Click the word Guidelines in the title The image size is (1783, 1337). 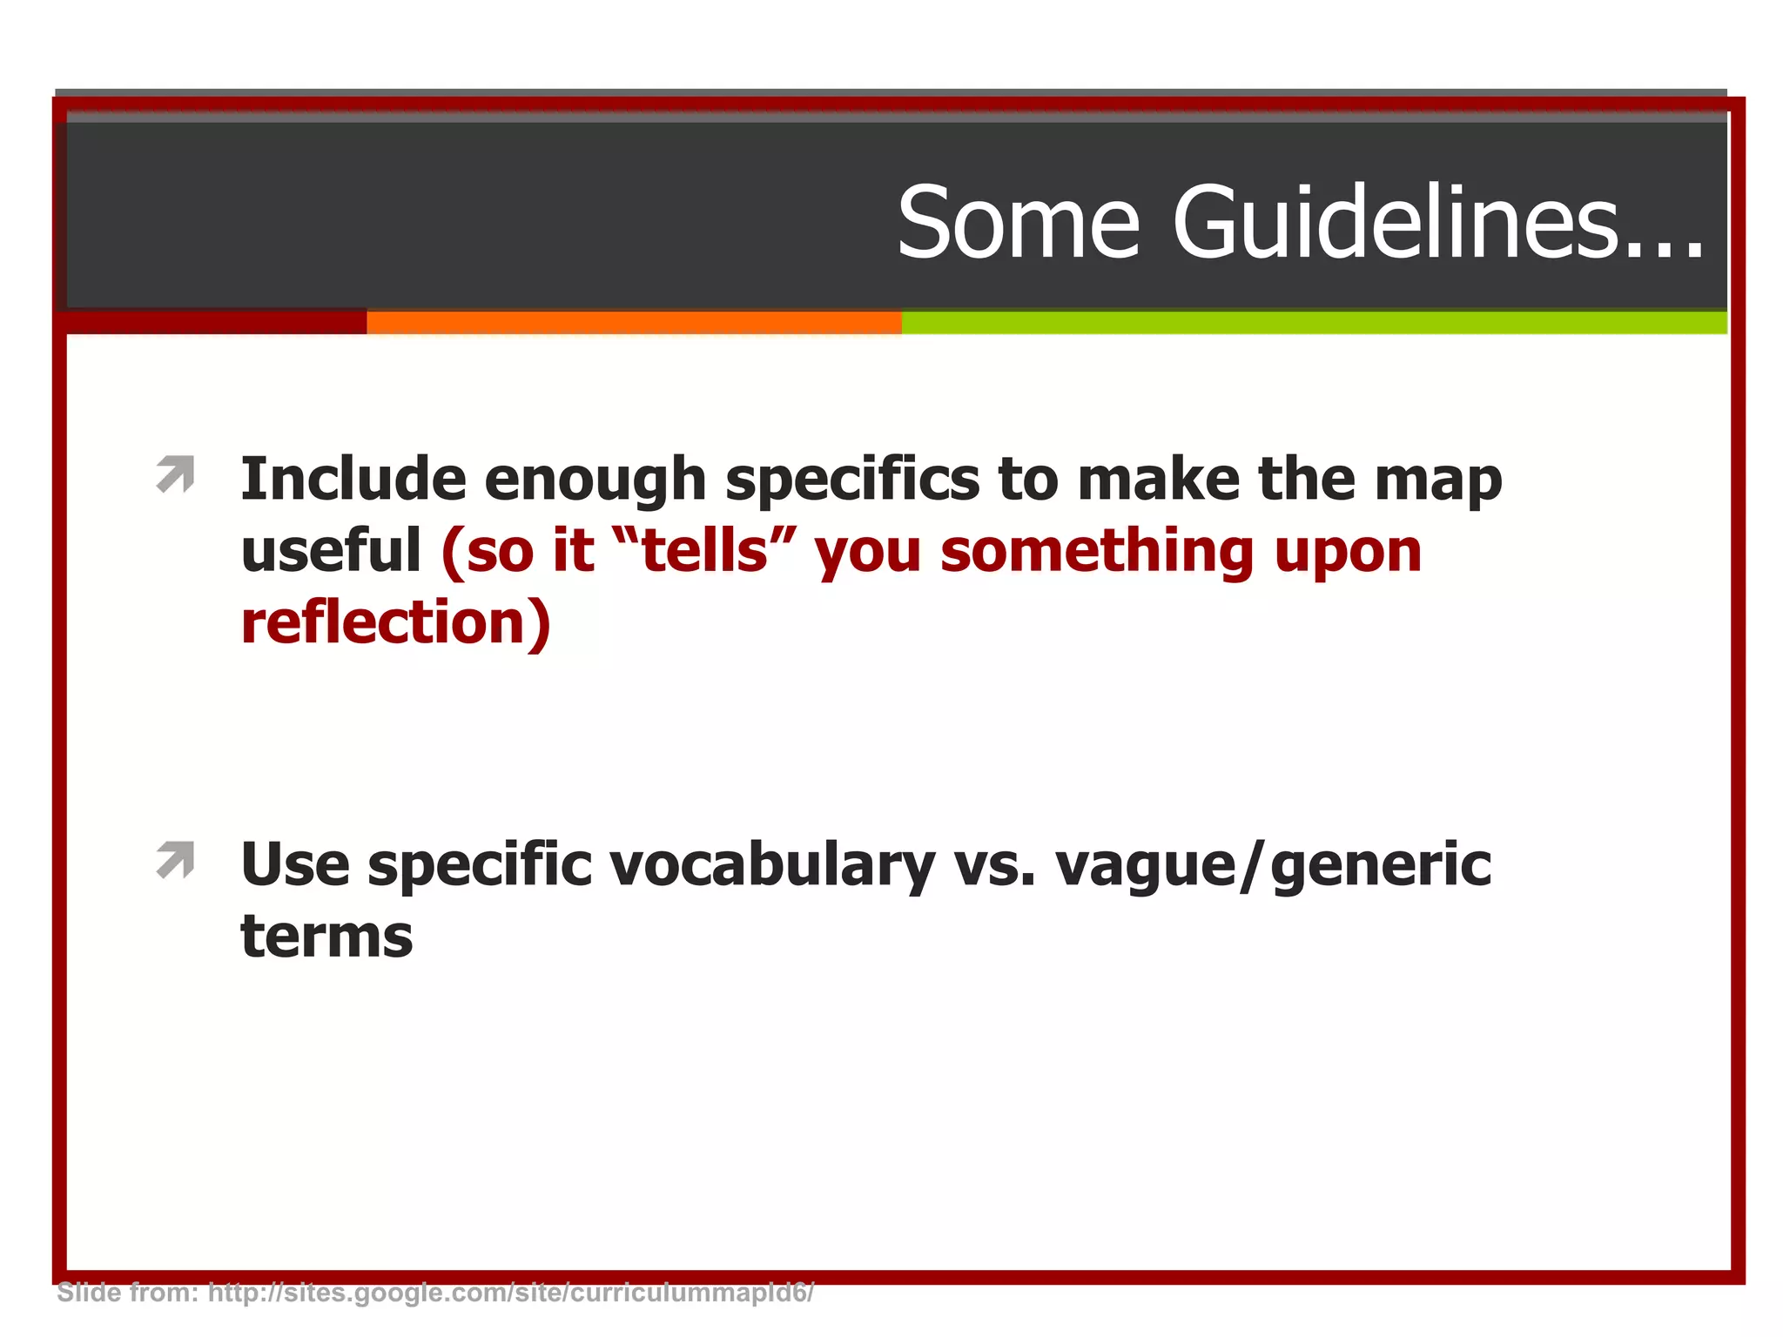(1436, 225)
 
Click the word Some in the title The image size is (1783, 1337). (1019, 225)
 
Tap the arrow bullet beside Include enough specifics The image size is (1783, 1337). (176, 475)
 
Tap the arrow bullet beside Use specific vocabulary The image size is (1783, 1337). (176, 861)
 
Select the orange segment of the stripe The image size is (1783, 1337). (634, 323)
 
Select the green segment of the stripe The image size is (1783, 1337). (1313, 323)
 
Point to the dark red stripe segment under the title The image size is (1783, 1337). (213, 323)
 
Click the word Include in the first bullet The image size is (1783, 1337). (353, 480)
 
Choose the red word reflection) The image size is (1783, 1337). (396, 623)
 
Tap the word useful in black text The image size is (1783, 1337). (331, 551)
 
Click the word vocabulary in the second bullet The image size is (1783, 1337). (771, 867)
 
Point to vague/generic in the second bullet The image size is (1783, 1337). (1272, 867)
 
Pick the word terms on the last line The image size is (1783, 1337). (326, 938)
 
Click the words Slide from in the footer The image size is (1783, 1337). (127, 1293)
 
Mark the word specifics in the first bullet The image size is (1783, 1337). (852, 481)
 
